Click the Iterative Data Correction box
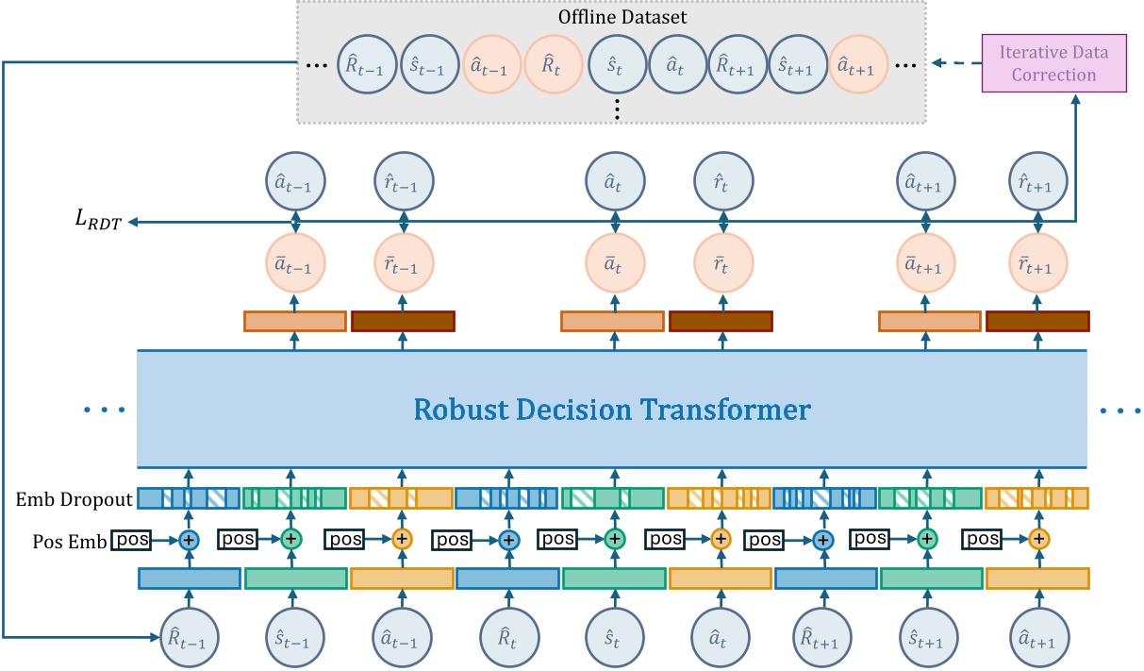click(1053, 63)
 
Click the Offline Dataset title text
click(622, 17)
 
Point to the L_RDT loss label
click(98, 220)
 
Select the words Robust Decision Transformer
click(612, 410)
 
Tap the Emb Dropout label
click(75, 499)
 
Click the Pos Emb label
click(70, 541)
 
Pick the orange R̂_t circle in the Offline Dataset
click(554, 64)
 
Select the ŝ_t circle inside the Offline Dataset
click(617, 64)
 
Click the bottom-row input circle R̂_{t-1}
click(190, 638)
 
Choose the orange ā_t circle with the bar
click(615, 263)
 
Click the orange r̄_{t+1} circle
click(1037, 263)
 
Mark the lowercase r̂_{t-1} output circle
click(404, 181)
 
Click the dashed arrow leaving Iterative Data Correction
click(956, 63)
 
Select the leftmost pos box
click(131, 540)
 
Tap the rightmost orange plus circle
click(1038, 539)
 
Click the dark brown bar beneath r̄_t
click(721, 322)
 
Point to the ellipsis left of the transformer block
click(104, 410)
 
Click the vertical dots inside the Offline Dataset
click(618, 109)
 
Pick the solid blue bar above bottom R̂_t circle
click(507, 579)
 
